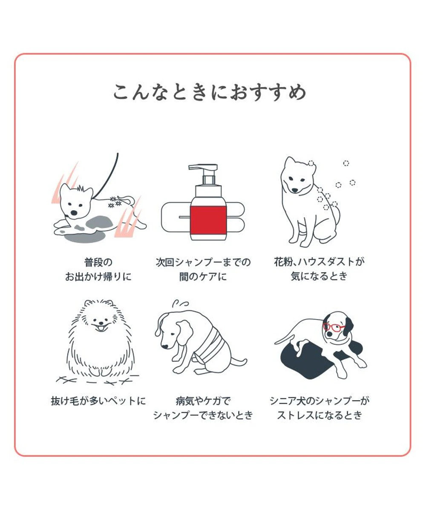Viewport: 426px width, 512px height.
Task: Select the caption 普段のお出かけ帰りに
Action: point(98,269)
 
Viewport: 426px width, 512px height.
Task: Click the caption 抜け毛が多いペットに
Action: point(98,401)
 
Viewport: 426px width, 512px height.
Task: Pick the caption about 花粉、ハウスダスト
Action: point(319,269)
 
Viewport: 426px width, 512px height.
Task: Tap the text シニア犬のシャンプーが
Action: point(319,401)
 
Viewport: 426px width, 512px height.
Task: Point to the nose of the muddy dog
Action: point(74,212)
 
